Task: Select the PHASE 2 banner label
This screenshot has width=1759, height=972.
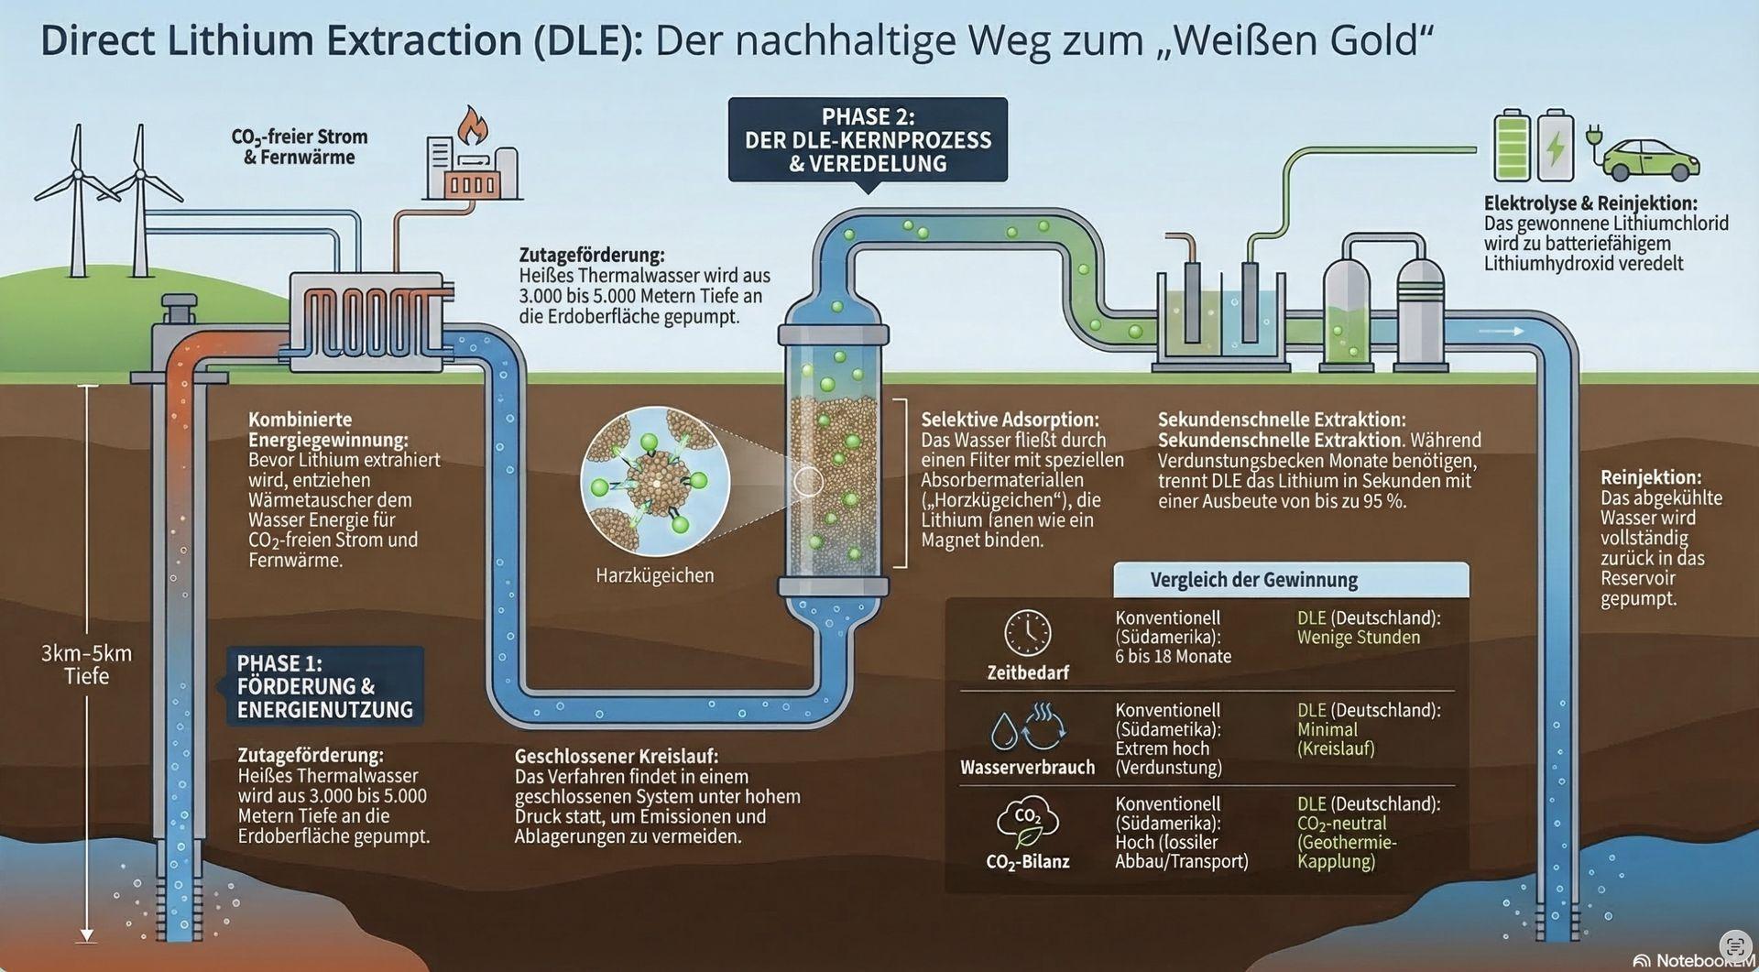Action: click(x=868, y=140)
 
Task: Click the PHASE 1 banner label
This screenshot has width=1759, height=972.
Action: click(x=324, y=686)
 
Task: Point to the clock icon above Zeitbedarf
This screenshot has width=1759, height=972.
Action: click(x=1027, y=632)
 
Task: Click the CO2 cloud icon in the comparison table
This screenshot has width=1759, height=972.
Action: click(x=1027, y=821)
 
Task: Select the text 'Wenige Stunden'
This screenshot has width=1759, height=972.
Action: click(x=1358, y=638)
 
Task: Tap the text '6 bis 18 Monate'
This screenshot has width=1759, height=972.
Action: click(x=1173, y=657)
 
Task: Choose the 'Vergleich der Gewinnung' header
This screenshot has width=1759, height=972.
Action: click(x=1253, y=580)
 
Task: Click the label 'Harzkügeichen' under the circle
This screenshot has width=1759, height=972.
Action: click(x=654, y=576)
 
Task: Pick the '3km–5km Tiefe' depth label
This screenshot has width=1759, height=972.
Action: click(x=86, y=665)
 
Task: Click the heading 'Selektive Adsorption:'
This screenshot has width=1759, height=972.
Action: click(x=1009, y=420)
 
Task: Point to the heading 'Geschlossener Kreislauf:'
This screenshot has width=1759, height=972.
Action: click(x=616, y=757)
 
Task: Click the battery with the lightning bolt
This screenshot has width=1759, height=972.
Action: click(x=1555, y=147)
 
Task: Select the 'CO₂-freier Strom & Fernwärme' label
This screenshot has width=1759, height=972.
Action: click(x=299, y=147)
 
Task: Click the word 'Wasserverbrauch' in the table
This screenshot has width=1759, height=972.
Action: click(x=1027, y=768)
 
